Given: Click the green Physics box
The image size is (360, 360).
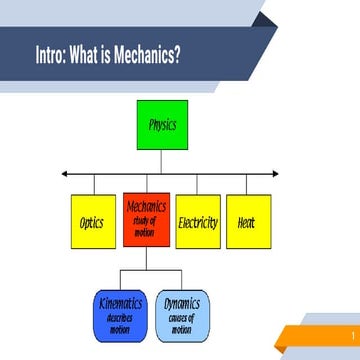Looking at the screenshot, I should pyautogui.click(x=161, y=126).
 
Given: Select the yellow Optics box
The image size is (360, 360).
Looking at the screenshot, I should pyautogui.click(x=94, y=221).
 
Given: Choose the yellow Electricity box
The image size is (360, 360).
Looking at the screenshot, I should pyautogui.click(x=198, y=221).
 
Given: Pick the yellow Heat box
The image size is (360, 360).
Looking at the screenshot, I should pyautogui.click(x=247, y=221).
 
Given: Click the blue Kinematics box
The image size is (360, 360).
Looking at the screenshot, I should pyautogui.click(x=120, y=314).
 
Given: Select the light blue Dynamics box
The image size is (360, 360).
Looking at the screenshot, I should pyautogui.click(x=182, y=314).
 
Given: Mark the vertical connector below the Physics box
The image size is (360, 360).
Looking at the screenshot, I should pyautogui.click(x=161, y=162).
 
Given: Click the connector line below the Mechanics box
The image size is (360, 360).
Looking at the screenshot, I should pyautogui.click(x=146, y=258).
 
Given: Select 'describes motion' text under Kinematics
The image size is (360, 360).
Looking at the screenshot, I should pyautogui.click(x=120, y=323).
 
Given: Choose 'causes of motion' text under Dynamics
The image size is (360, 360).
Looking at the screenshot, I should pyautogui.click(x=182, y=323).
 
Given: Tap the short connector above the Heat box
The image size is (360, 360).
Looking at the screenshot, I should pyautogui.click(x=247, y=185).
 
